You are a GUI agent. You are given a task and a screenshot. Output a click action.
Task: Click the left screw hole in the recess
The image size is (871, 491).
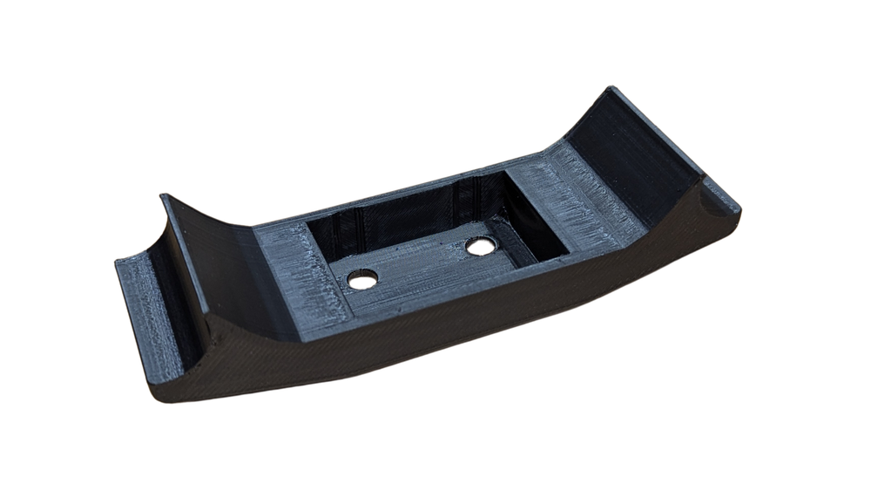pyautogui.click(x=362, y=279)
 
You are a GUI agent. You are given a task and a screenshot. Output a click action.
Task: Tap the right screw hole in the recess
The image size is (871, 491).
pyautogui.click(x=480, y=247)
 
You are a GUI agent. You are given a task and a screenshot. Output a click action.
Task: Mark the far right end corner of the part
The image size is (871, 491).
pyautogui.click(x=739, y=211)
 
